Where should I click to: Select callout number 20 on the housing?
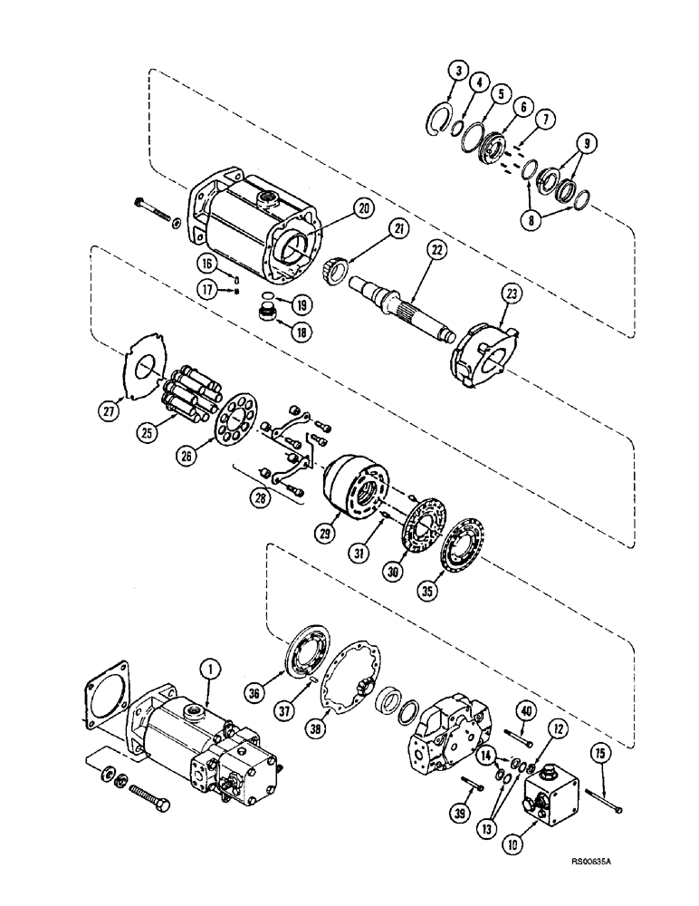pos(364,208)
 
